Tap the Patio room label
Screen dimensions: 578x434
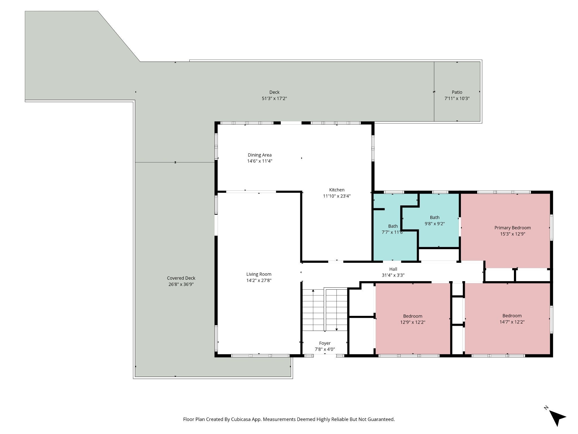[x=457, y=92]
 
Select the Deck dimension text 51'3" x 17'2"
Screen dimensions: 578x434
[x=274, y=98]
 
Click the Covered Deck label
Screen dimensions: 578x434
[x=181, y=278]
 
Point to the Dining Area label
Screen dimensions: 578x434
[x=260, y=155]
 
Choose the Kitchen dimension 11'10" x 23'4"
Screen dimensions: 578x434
[x=337, y=196]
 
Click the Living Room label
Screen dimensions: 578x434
[x=259, y=274]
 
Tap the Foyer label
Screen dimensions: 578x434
[x=325, y=343]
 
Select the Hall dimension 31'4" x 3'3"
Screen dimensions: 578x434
[x=393, y=275]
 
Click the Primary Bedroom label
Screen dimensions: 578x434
[x=513, y=228]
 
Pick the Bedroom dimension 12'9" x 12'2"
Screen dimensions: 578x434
[x=413, y=322]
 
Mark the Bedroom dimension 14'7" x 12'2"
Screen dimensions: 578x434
[x=512, y=322]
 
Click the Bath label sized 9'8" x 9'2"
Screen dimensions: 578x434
[x=435, y=218]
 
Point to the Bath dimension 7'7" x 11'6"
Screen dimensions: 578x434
[x=393, y=232]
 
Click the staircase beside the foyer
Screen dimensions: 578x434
[x=325, y=310]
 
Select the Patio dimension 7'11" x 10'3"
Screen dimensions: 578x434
[x=457, y=98]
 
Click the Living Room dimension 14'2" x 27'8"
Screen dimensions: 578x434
[x=259, y=280]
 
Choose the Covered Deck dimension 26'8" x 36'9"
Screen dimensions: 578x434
[x=181, y=284]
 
